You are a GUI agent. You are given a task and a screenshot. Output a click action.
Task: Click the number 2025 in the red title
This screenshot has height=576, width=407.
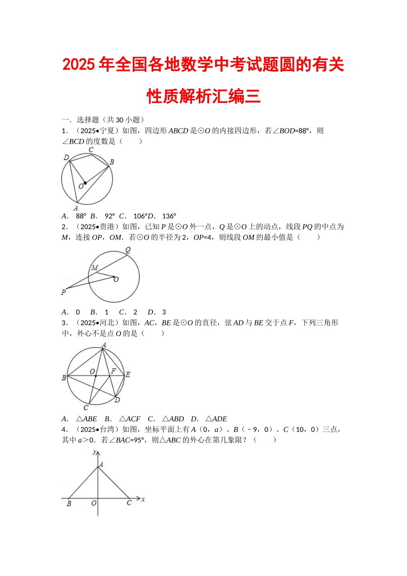pyautogui.click(x=79, y=65)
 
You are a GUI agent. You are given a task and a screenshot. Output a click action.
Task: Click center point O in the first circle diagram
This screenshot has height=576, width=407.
pyautogui.click(x=85, y=183)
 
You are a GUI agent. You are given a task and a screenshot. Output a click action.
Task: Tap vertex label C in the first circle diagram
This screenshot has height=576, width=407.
pyautogui.click(x=91, y=150)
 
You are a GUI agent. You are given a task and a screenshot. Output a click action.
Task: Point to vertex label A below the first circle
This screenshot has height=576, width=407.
pyautogui.click(x=76, y=208)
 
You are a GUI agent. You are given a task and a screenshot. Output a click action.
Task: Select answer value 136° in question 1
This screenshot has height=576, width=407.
pyautogui.click(x=169, y=216)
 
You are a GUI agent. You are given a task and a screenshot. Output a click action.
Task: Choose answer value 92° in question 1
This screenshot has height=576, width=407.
pyautogui.click(x=110, y=216)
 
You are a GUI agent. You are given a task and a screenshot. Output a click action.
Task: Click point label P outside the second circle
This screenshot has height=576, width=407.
pyautogui.click(x=63, y=292)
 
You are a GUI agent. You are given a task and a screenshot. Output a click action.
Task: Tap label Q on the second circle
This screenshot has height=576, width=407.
pyautogui.click(x=128, y=250)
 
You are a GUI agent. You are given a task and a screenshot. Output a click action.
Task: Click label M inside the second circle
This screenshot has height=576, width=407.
pyautogui.click(x=95, y=268)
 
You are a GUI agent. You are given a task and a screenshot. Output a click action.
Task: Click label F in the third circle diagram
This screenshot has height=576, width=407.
pyautogui.click(x=114, y=371)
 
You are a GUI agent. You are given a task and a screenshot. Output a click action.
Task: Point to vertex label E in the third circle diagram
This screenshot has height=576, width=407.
pyautogui.click(x=128, y=375)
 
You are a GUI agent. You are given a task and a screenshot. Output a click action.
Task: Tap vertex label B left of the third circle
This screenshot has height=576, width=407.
pyautogui.click(x=64, y=378)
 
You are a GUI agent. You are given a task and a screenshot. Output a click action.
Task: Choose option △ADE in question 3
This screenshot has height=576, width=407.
pyautogui.click(x=216, y=419)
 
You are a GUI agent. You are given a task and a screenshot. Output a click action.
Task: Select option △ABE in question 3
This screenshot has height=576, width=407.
pyautogui.click(x=87, y=419)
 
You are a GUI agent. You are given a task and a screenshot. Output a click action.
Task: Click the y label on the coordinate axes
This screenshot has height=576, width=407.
pyautogui.click(x=94, y=452)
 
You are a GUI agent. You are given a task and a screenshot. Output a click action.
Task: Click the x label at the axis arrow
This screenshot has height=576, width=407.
pyautogui.click(x=143, y=499)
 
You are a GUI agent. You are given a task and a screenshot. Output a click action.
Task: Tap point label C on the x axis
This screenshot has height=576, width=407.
pyautogui.click(x=129, y=503)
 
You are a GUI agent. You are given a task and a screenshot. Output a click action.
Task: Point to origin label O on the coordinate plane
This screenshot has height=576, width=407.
pyautogui.click(x=93, y=503)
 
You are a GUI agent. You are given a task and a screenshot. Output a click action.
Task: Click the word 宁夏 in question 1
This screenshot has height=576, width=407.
pyautogui.click(x=107, y=131)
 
